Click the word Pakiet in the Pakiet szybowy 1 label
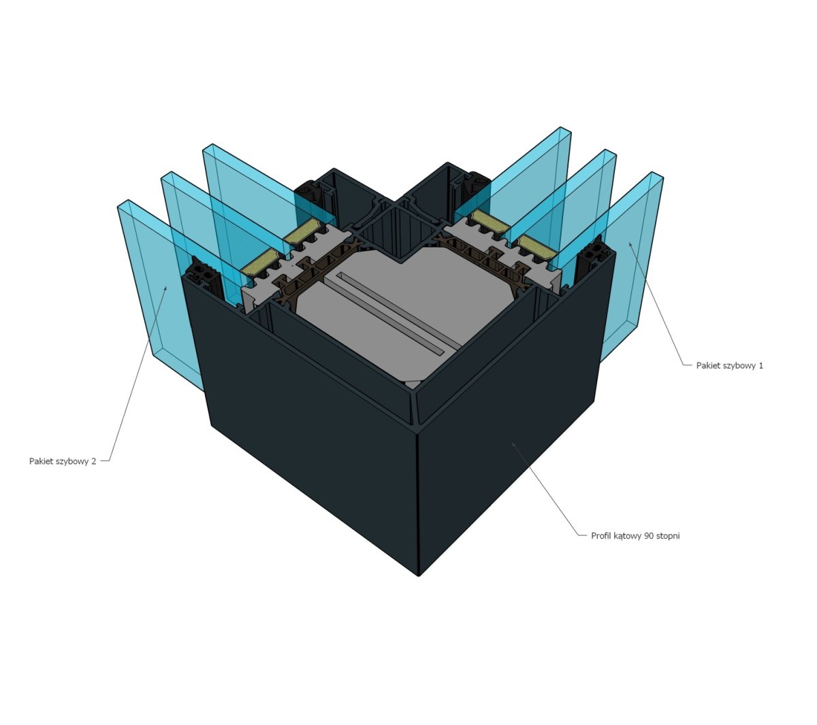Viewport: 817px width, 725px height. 707,366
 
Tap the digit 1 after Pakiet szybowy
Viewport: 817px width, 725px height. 761,366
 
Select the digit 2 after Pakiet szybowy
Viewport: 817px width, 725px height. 93,461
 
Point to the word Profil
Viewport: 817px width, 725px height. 601,536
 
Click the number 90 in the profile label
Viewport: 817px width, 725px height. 650,536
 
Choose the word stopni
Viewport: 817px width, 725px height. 668,536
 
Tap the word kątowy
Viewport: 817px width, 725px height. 628,537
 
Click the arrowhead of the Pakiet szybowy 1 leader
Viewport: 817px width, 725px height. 630,243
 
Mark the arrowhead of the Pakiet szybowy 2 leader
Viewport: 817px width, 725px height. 165,288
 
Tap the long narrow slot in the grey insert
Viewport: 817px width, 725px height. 391,313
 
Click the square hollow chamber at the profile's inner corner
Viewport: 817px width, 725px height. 400,232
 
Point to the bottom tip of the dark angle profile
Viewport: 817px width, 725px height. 419,576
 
